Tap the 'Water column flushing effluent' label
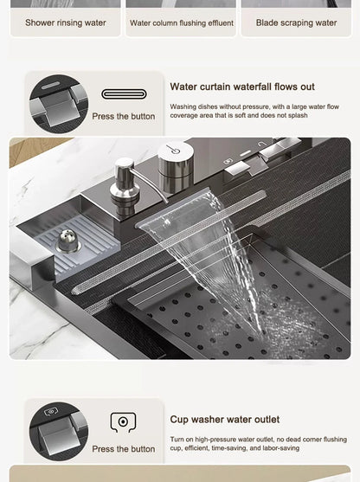[x=181, y=22]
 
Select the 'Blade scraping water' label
[x=297, y=22]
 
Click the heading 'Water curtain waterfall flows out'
[x=242, y=87]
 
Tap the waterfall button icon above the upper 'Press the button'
[x=123, y=94]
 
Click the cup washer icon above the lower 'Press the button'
[x=123, y=422]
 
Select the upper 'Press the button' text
[x=123, y=116]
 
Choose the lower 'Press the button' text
[x=123, y=449]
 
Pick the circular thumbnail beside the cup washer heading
[x=59, y=431]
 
